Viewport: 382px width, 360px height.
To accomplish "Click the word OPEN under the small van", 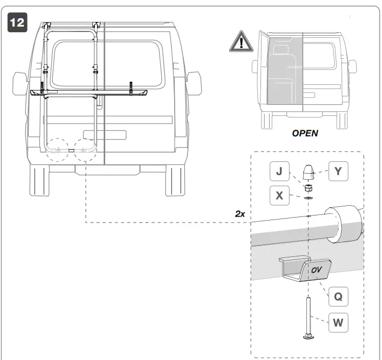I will (305, 133).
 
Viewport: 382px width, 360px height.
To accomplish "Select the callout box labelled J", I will (279, 172).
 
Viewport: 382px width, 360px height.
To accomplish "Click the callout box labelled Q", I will (338, 296).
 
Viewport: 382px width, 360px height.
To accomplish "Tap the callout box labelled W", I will (338, 322).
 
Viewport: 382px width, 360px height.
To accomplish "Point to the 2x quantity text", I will (240, 214).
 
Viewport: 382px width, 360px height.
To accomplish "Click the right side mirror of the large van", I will (194, 81).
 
